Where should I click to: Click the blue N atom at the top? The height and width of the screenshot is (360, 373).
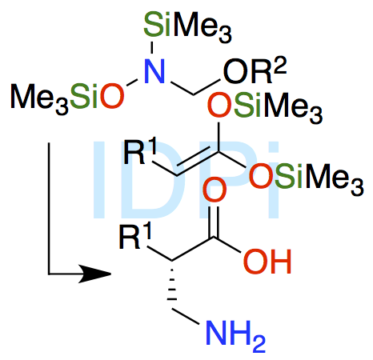point(154,71)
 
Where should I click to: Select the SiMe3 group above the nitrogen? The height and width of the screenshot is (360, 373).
point(187,26)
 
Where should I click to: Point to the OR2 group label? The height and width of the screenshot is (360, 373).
point(255,70)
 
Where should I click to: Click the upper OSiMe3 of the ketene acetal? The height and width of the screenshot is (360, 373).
point(265,106)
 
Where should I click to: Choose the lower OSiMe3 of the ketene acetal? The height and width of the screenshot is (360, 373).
point(306,178)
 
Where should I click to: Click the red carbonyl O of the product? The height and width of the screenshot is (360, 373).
point(215,190)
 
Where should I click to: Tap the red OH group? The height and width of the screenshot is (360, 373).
point(267,262)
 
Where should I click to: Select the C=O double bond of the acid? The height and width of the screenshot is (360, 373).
point(215,222)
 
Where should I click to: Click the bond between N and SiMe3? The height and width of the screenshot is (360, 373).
point(152,47)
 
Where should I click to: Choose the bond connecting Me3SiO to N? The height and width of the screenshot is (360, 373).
point(132,82)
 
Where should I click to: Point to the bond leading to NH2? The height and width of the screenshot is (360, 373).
point(186,317)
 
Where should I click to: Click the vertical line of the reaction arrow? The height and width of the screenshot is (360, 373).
point(49,208)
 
